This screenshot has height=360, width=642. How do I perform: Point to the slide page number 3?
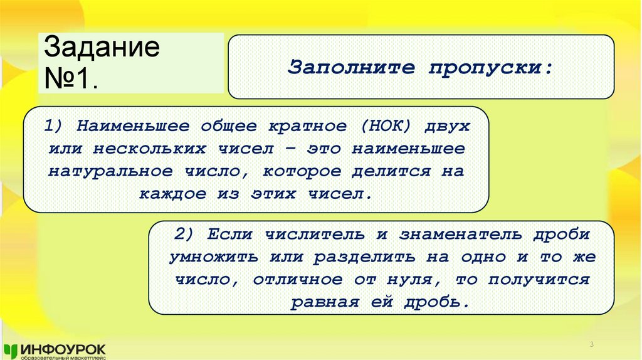[x=592, y=346]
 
